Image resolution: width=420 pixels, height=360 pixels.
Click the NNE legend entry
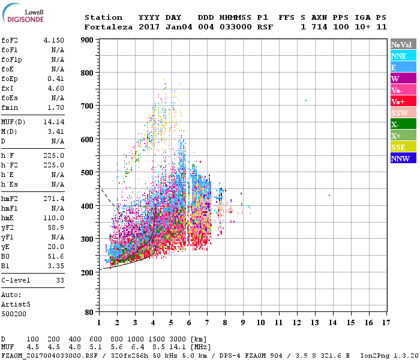(x=403, y=56)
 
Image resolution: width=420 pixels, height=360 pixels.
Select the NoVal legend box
(x=403, y=44)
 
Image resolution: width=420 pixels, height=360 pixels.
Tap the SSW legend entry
(x=403, y=113)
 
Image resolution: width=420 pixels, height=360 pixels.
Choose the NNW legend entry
(x=403, y=158)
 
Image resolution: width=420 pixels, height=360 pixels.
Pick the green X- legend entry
(x=403, y=124)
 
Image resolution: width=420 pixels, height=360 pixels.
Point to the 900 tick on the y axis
(x=87, y=40)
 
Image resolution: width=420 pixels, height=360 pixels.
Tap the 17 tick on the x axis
(x=386, y=323)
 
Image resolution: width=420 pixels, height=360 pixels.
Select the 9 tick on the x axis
(x=243, y=323)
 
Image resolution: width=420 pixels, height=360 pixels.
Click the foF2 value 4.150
(x=53, y=40)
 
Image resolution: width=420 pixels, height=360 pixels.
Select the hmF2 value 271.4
(x=53, y=198)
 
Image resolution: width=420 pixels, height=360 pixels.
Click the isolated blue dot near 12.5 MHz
(x=306, y=100)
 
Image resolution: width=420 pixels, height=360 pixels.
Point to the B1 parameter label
(x=5, y=265)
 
